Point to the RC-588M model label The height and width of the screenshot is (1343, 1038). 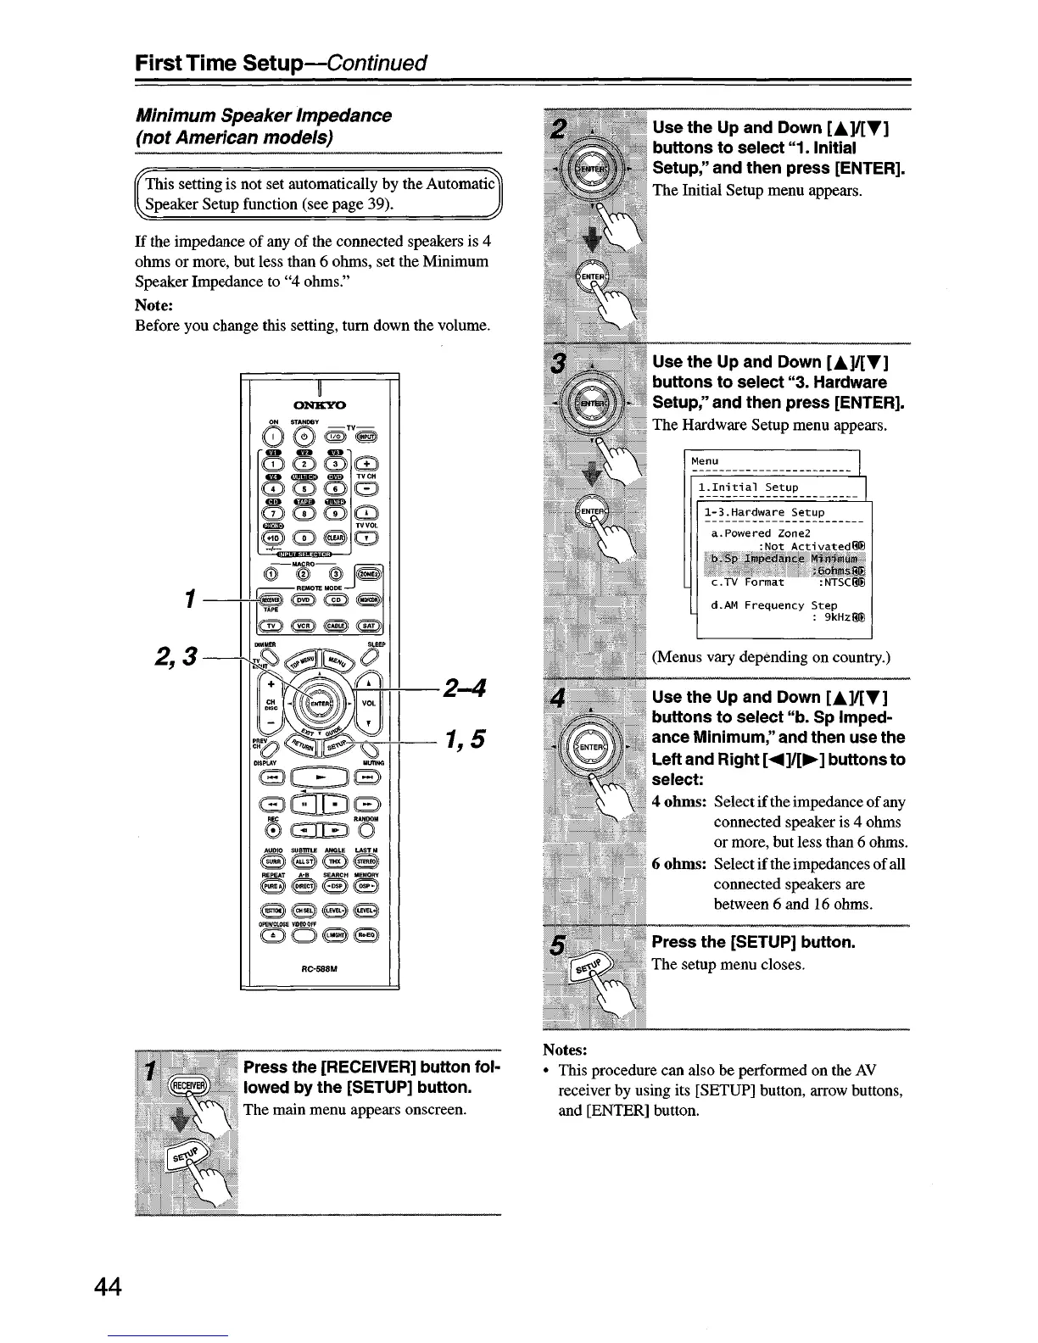coord(319,972)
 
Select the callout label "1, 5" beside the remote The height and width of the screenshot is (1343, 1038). coord(463,740)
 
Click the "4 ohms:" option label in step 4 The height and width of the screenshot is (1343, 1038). coord(678,801)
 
